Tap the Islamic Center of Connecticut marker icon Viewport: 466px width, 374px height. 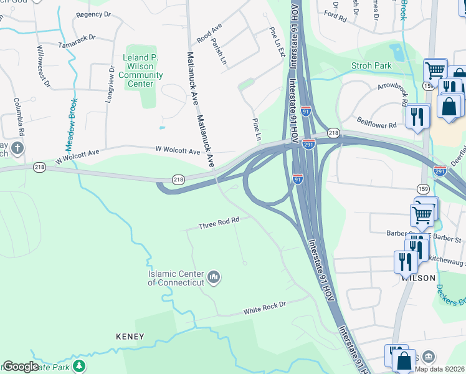coord(214,276)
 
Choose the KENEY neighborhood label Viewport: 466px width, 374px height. coord(130,337)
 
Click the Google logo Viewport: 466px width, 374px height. coord(21,367)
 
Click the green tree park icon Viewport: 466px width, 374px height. coord(78,365)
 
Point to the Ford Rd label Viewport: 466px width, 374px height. coord(335,17)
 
